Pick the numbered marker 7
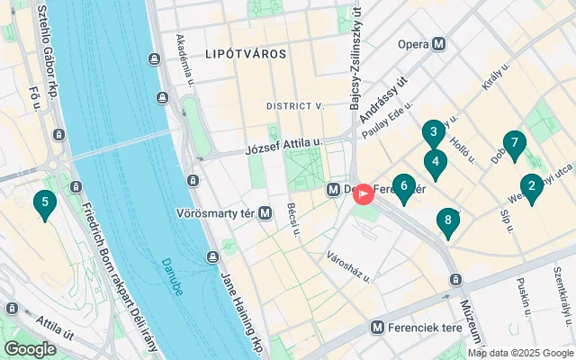[x=514, y=144]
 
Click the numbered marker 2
[x=531, y=187]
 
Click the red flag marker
[x=363, y=193]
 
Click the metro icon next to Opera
[x=439, y=43]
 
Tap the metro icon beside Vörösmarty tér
[x=265, y=213]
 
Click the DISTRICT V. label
[x=294, y=106]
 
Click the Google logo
[x=30, y=349]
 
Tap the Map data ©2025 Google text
[x=519, y=353]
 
